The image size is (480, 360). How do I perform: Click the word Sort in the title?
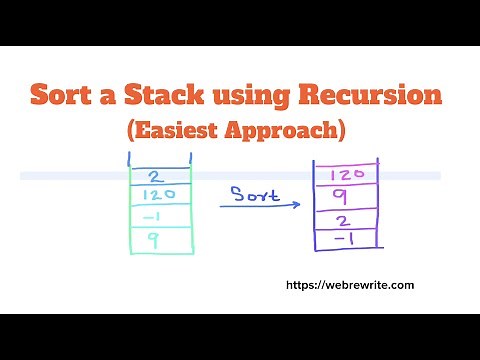point(63,97)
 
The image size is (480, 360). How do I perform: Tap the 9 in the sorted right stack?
point(340,197)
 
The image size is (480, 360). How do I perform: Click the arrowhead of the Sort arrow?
point(297,205)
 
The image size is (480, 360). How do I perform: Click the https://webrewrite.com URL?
point(350,285)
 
